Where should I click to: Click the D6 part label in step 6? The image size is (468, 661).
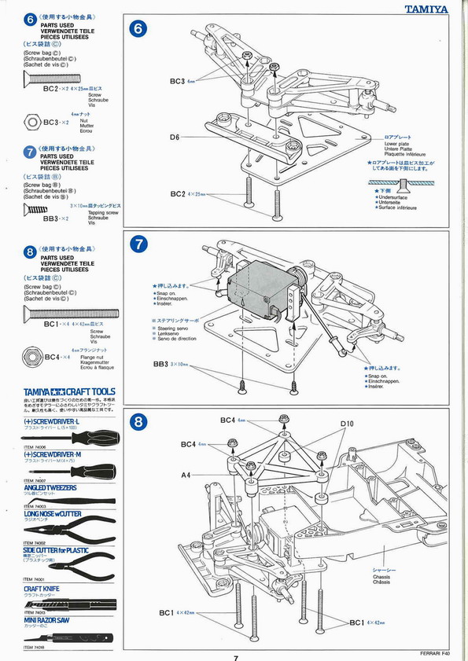click(x=175, y=138)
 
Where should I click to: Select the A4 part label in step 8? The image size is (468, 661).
click(x=186, y=475)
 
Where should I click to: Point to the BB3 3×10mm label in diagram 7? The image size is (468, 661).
click(x=171, y=365)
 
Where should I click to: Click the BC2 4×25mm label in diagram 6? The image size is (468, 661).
click(x=187, y=193)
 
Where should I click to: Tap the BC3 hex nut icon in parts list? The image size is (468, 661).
click(x=32, y=123)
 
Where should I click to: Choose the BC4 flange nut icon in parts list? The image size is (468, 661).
click(x=32, y=356)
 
